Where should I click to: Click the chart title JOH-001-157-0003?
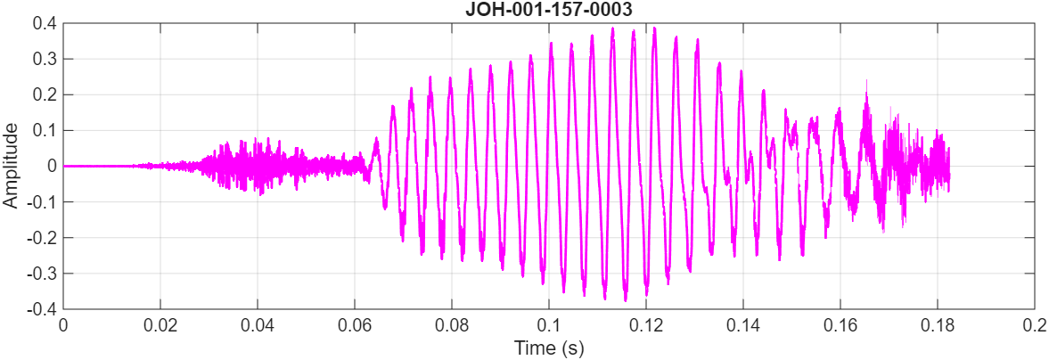click(548, 11)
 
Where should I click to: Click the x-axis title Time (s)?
click(548, 348)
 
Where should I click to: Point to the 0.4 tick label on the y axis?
click(45, 23)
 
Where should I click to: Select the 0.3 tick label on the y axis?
click(45, 59)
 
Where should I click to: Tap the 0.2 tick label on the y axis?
click(45, 94)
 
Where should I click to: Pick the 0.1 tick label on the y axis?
click(45, 130)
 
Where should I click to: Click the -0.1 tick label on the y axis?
click(43, 202)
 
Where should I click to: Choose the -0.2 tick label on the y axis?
click(43, 238)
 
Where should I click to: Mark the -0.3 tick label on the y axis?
click(43, 274)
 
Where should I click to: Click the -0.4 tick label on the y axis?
click(43, 309)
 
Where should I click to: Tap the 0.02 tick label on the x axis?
click(160, 324)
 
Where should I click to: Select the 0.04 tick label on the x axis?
click(258, 324)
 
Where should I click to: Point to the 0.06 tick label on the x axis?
click(355, 324)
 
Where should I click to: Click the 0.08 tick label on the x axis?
click(452, 324)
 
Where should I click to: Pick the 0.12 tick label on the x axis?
click(646, 324)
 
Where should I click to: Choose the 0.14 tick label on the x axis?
click(743, 324)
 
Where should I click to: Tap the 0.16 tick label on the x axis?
click(840, 324)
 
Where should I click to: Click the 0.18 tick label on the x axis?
click(938, 324)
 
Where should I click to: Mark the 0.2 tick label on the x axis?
click(1034, 324)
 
